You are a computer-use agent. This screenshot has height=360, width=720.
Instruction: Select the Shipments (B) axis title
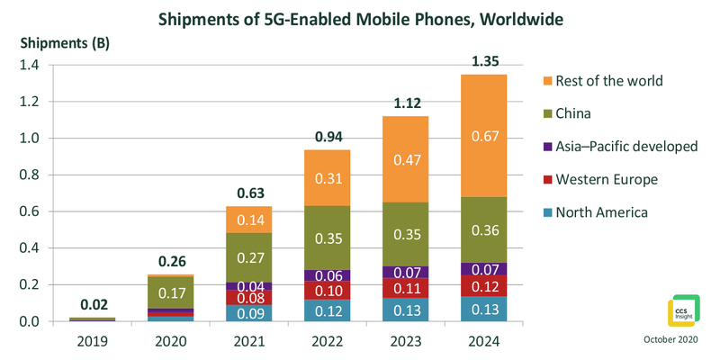tap(58, 43)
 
